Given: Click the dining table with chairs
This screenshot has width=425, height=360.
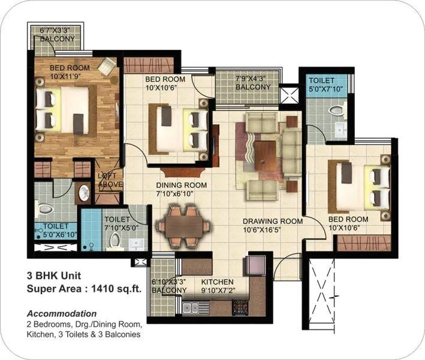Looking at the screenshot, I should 183,226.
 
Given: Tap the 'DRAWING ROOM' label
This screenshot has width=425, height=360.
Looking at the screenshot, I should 272,221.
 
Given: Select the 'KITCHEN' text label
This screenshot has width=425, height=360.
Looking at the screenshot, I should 218,282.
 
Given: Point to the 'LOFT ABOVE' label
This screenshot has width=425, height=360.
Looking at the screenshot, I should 110,179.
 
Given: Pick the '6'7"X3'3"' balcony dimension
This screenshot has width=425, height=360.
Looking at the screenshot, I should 58,30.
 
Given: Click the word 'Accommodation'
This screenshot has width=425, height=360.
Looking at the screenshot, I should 62,313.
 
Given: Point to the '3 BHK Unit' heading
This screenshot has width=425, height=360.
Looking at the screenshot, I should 53,277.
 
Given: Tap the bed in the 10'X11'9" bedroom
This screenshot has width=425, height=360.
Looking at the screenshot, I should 63,110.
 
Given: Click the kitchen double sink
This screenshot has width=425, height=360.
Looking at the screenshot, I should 192,308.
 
